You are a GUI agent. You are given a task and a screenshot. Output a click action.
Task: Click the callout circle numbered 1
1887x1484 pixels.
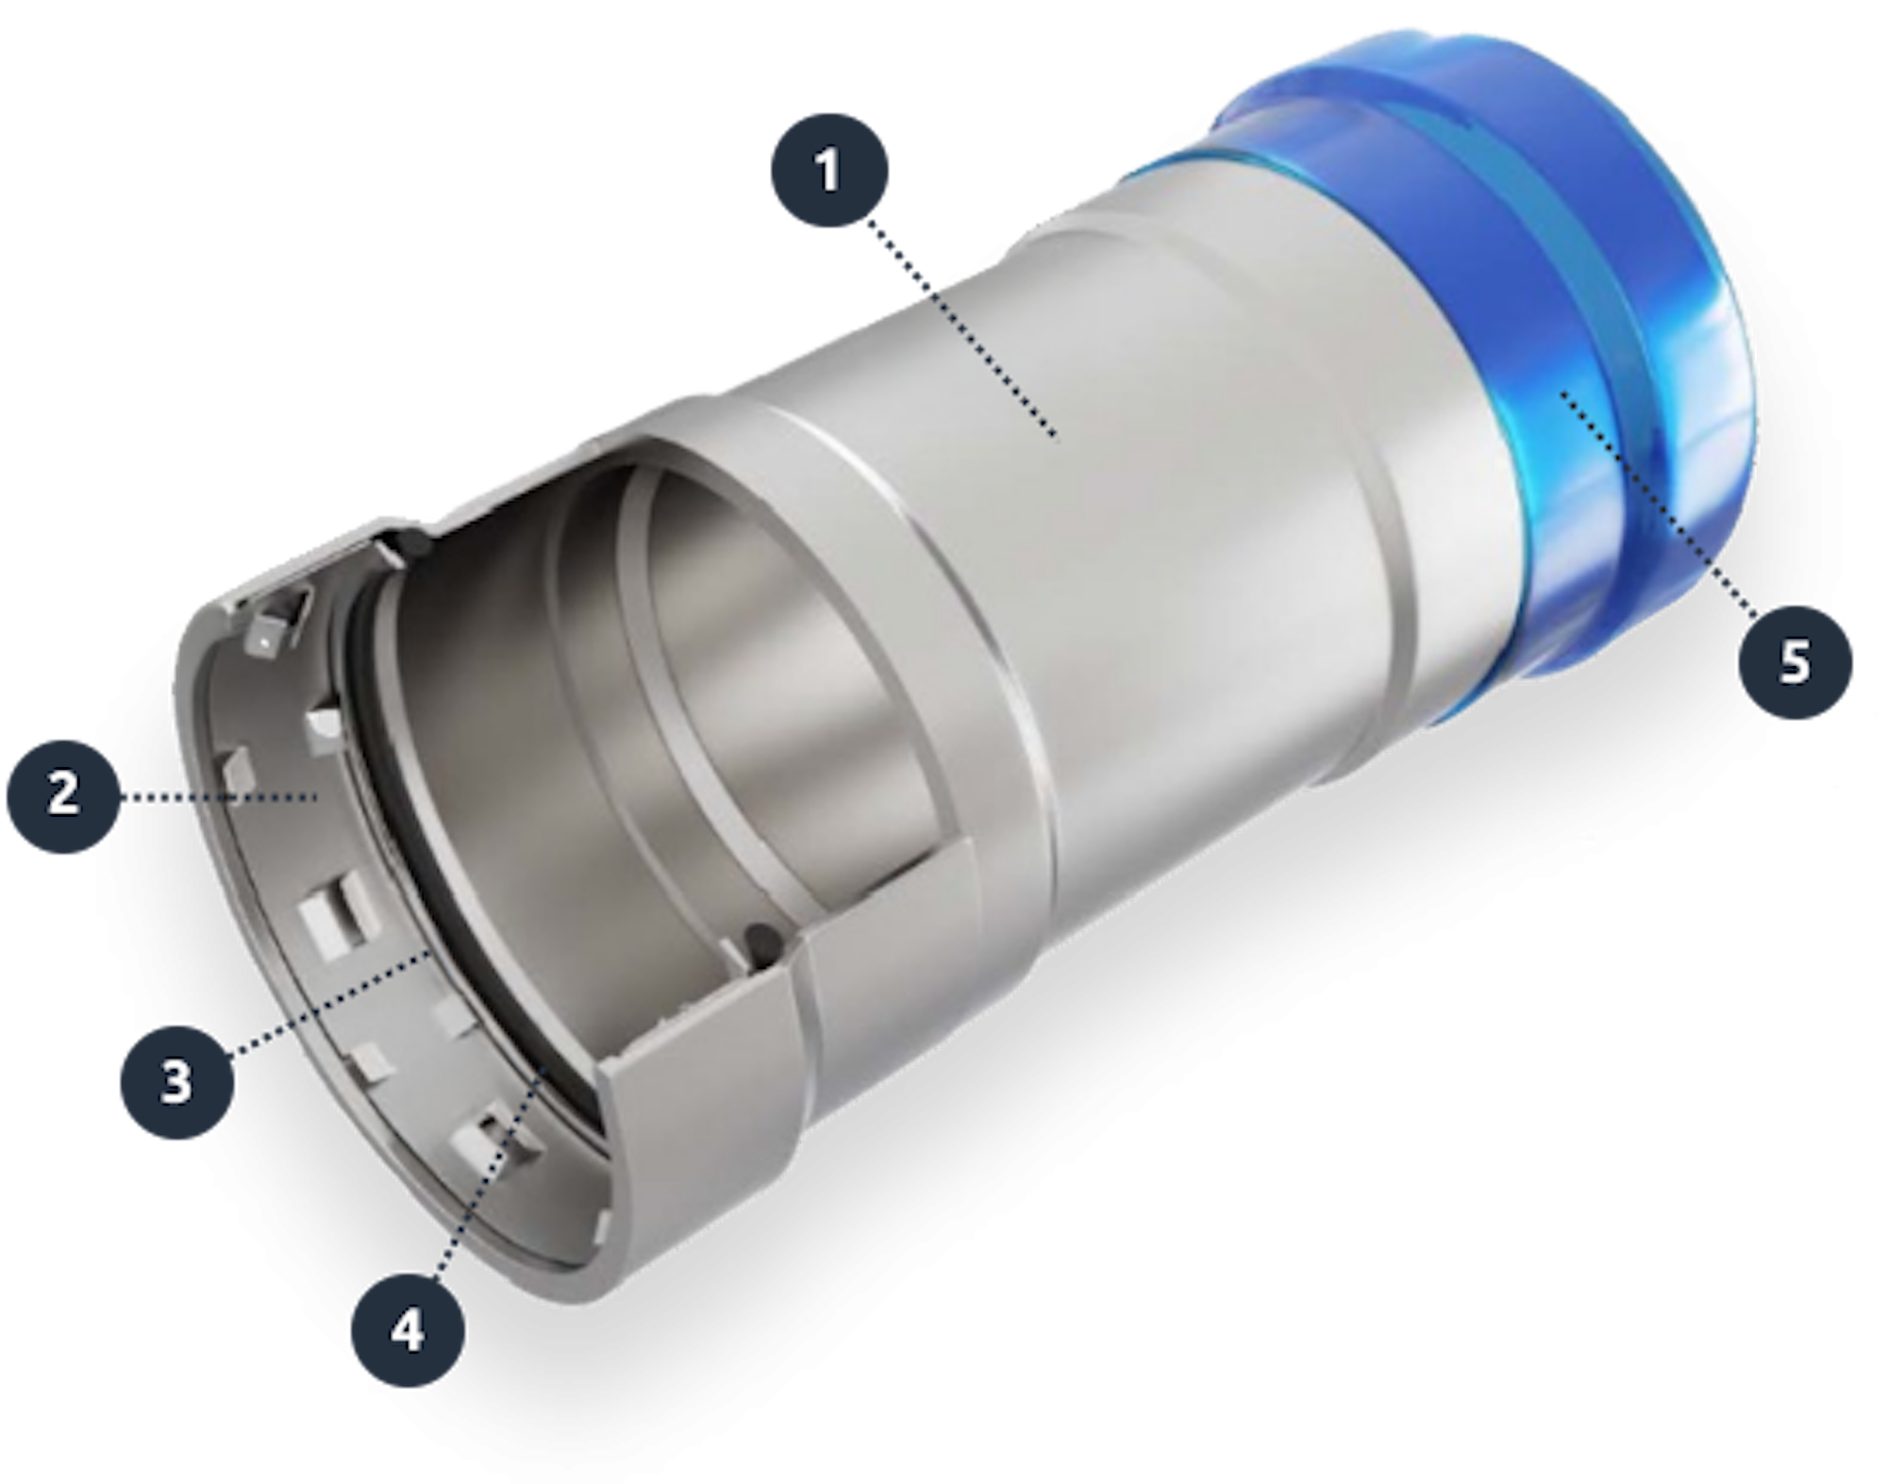[x=828, y=171]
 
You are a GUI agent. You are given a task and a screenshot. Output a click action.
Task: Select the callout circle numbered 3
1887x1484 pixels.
[x=176, y=1082]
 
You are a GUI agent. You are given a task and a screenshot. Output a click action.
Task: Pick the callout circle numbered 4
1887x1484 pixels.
[x=408, y=1331]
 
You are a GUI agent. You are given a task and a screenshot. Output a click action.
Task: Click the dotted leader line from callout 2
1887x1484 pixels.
[x=217, y=798]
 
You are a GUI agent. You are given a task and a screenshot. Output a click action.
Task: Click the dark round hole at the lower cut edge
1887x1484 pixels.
[x=760, y=939]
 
